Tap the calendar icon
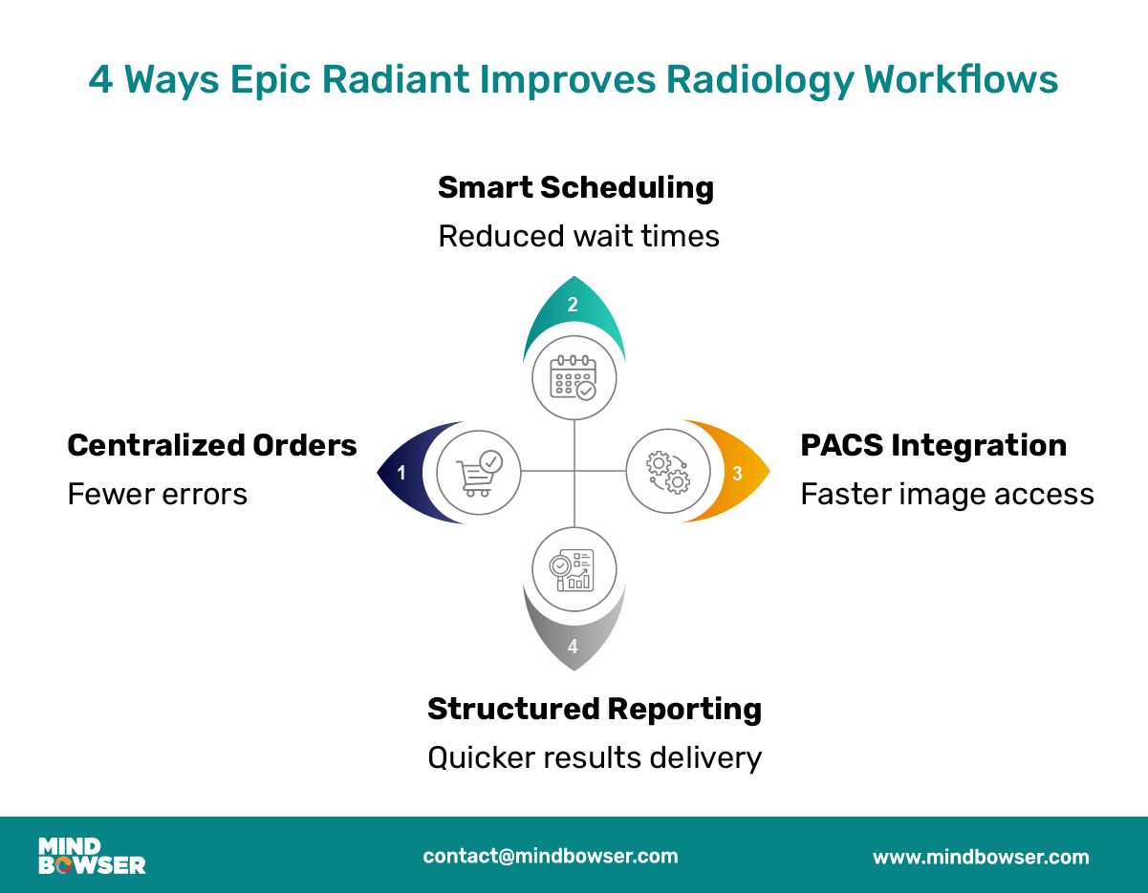click(x=574, y=377)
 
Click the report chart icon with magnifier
click(x=574, y=568)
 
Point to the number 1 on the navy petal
click(x=401, y=472)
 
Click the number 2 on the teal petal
click(x=573, y=306)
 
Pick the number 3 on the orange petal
click(x=737, y=473)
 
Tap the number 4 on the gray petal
click(x=573, y=647)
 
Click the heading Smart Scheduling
click(x=575, y=187)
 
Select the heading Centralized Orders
click(x=212, y=445)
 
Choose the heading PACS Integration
click(x=933, y=445)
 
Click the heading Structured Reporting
click(x=594, y=709)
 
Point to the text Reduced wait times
click(x=578, y=236)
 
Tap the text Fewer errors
click(x=157, y=494)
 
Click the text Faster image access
click(x=946, y=494)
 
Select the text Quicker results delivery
click(x=594, y=757)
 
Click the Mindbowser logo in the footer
click(x=92, y=856)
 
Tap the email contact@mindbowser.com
click(x=551, y=856)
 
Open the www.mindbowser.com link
click(x=981, y=857)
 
